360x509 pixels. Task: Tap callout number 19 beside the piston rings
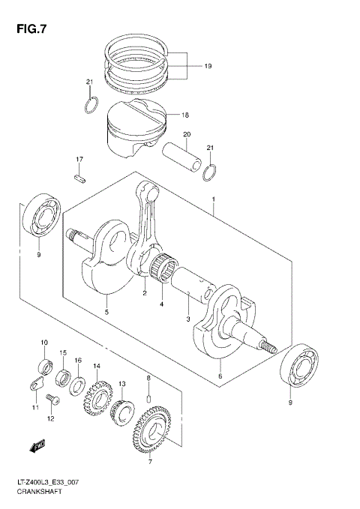[208, 67]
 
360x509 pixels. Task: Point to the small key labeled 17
[79, 177]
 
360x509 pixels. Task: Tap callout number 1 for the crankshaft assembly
[214, 201]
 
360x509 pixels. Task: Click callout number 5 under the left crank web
[106, 312]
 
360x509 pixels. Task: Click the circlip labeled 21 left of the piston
[90, 104]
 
